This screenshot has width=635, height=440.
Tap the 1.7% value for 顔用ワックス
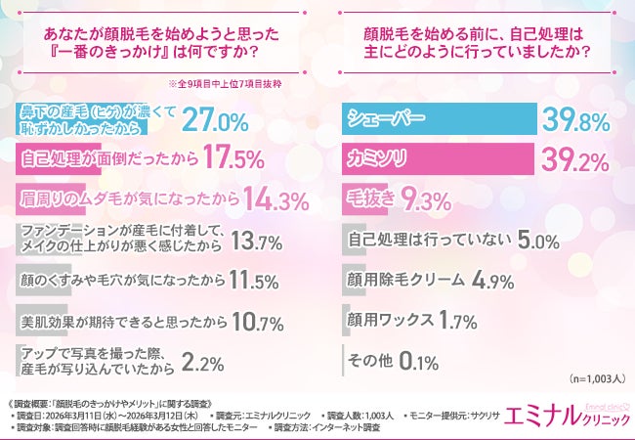tap(455, 320)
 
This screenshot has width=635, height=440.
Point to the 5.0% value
tap(511, 241)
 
